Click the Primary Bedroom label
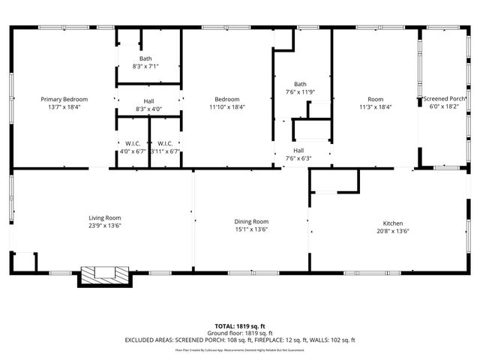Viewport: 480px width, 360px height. point(64,99)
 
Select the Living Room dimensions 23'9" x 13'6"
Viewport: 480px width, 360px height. point(104,225)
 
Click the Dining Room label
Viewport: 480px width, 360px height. point(251,221)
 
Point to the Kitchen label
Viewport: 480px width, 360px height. point(394,223)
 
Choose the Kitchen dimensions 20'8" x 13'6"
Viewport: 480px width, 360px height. point(394,231)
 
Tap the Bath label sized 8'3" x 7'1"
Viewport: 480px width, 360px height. point(145,58)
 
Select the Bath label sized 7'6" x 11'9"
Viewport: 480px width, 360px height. point(300,84)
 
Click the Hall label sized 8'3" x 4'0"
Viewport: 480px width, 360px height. point(148,101)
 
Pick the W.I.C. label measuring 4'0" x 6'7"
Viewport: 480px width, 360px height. point(132,143)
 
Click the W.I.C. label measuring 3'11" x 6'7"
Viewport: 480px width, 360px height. point(165,143)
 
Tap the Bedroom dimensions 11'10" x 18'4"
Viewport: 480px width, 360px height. point(226,106)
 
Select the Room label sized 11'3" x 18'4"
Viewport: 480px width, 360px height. point(375,99)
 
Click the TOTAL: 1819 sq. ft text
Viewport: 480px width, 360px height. point(240,327)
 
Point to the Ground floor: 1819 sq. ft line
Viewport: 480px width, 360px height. point(240,333)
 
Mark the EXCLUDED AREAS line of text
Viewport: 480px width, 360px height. point(240,340)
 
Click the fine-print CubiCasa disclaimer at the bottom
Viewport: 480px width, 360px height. point(240,349)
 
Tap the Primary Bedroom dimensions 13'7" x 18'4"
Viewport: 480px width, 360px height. point(64,106)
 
